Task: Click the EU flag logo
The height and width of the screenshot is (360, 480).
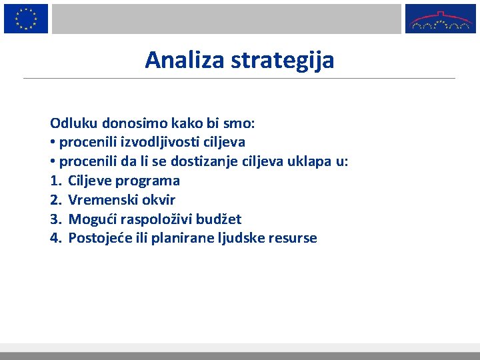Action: (26, 18)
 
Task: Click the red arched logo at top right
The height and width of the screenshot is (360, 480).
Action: (441, 19)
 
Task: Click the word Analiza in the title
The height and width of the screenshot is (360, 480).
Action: (185, 61)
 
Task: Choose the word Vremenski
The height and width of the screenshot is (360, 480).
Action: (101, 200)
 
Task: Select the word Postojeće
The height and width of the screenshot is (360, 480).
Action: (100, 239)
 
